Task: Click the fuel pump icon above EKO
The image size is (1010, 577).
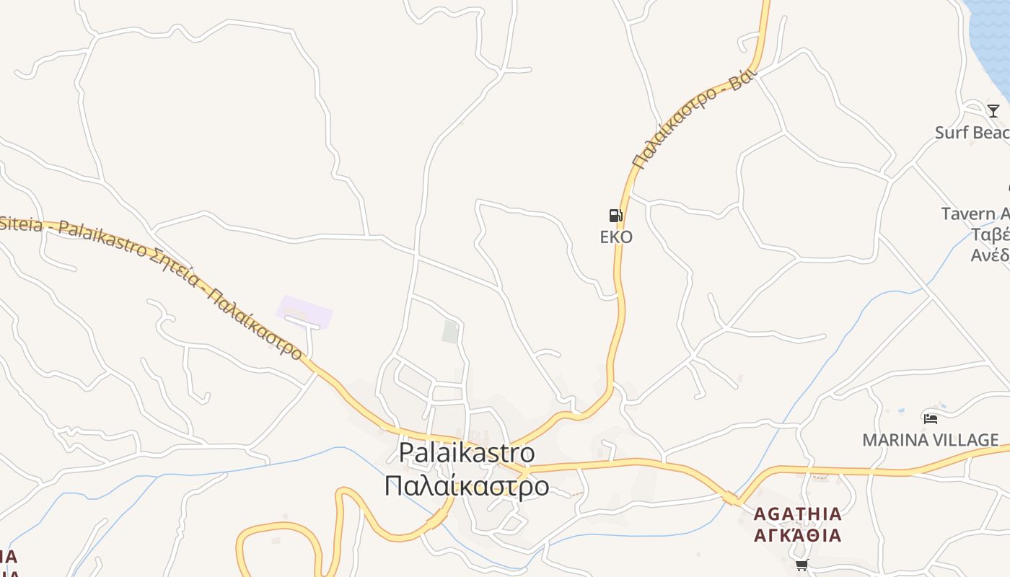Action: click(615, 216)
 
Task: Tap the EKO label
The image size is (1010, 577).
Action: click(616, 237)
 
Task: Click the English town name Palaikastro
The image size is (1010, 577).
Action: click(467, 452)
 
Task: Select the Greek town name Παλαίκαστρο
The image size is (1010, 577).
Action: click(467, 485)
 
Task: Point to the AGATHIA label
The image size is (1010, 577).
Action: click(798, 514)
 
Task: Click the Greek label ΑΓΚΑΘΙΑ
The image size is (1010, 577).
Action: click(798, 535)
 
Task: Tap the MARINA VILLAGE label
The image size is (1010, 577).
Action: click(931, 440)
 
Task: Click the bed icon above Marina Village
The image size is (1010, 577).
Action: click(931, 418)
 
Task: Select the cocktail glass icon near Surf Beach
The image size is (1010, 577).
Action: click(993, 110)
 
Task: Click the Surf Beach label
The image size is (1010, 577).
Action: click(972, 133)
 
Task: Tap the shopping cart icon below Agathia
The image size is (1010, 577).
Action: click(802, 565)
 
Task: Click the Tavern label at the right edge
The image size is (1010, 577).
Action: click(975, 214)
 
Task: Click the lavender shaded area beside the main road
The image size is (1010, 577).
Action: click(304, 312)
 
